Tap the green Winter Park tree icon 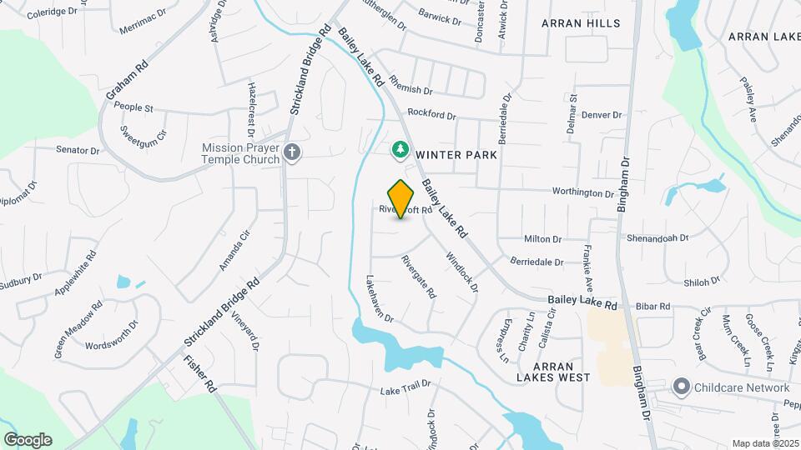(x=401, y=150)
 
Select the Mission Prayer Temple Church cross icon (x=291, y=152)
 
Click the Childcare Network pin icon (x=682, y=387)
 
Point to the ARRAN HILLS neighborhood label (x=581, y=23)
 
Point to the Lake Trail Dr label (x=405, y=387)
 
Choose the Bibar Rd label (x=653, y=307)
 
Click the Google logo (x=28, y=440)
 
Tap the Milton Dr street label (x=544, y=239)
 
